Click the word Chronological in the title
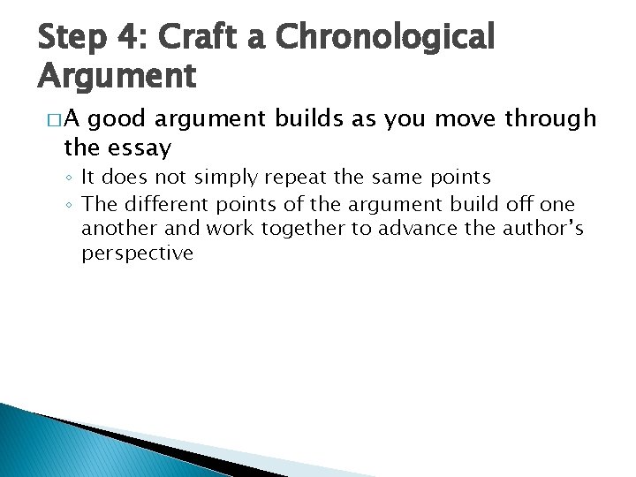(x=385, y=37)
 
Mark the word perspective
(x=137, y=254)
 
